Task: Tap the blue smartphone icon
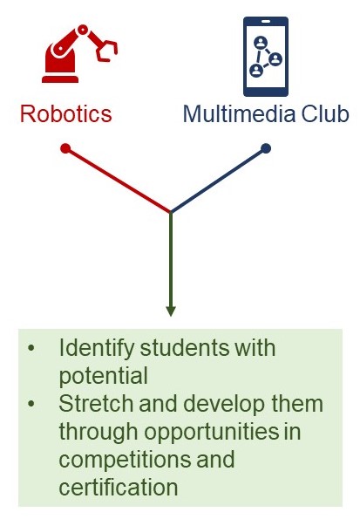[x=266, y=57]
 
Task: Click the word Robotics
[x=66, y=114]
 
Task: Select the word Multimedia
[x=240, y=114]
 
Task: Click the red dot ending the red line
[x=65, y=148]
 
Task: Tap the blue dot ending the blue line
[x=266, y=148]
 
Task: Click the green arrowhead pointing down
[x=171, y=311]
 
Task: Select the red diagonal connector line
[x=118, y=181]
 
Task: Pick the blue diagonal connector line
[x=218, y=181]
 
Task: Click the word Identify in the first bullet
[x=96, y=349]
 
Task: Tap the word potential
[x=103, y=376]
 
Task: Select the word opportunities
[x=212, y=432]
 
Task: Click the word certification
[x=119, y=487]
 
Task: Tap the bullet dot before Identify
[x=31, y=349]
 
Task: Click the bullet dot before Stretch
[x=31, y=404]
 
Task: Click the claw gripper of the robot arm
[x=106, y=49]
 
